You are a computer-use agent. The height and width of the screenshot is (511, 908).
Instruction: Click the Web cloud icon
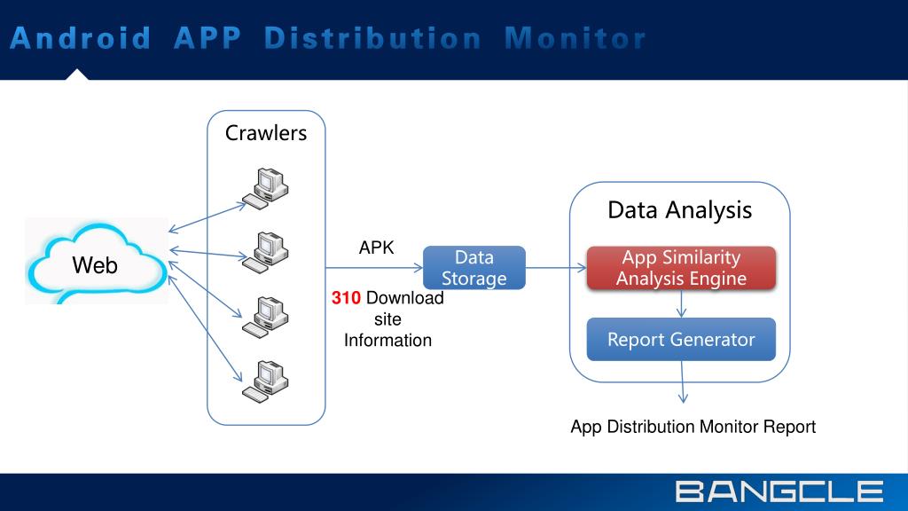(x=96, y=263)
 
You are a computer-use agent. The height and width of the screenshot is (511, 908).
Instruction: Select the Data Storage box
(x=474, y=268)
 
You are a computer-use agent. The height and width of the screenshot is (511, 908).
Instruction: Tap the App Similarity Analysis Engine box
(x=681, y=268)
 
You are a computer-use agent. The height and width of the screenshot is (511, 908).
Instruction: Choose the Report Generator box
(x=681, y=339)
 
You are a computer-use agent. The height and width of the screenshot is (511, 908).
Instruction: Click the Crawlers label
(x=266, y=133)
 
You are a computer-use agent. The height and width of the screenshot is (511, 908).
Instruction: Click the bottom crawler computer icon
(x=265, y=379)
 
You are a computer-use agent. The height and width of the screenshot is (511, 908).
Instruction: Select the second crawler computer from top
(x=265, y=250)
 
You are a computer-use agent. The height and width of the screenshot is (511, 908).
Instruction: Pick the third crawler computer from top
(x=265, y=315)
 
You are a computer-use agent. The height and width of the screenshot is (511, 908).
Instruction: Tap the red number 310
(x=347, y=298)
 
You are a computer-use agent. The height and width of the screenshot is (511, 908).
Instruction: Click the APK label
(x=376, y=248)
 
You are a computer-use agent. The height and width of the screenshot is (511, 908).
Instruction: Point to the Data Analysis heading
(x=679, y=210)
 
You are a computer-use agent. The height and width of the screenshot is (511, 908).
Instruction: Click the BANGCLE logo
(x=779, y=491)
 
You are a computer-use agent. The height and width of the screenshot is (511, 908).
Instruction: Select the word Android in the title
(x=82, y=38)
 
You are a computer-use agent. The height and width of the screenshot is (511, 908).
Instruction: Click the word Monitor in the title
(x=575, y=38)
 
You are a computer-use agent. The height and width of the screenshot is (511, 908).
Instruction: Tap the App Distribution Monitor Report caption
(x=693, y=427)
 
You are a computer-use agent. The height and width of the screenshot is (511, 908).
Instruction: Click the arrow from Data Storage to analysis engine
(x=556, y=267)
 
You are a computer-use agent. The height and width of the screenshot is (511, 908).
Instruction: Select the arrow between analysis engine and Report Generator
(x=681, y=303)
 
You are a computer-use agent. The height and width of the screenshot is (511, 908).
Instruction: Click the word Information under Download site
(x=387, y=340)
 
